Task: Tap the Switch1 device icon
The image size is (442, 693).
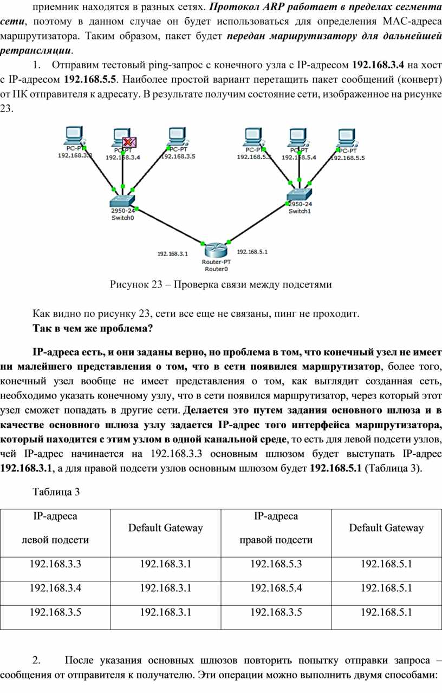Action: click(x=299, y=194)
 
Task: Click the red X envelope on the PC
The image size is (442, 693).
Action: click(x=129, y=142)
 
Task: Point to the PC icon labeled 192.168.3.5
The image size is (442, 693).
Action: click(x=177, y=136)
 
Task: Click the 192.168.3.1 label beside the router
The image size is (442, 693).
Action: click(x=172, y=254)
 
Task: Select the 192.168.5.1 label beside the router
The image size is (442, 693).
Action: click(x=252, y=252)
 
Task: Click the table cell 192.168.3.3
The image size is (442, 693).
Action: click(x=55, y=564)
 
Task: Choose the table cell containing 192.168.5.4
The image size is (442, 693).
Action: click(x=276, y=588)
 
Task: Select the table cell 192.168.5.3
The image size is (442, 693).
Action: click(x=276, y=564)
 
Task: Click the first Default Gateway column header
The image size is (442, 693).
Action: click(x=166, y=527)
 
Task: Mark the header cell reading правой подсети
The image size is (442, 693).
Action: click(x=276, y=540)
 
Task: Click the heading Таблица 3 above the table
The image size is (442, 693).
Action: click(x=56, y=492)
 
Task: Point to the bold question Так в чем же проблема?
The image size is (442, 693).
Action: click(x=93, y=328)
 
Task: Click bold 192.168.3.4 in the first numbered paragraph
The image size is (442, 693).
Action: click(x=378, y=65)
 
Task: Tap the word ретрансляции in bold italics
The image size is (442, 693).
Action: click(x=36, y=51)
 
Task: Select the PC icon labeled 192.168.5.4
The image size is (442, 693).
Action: click(x=298, y=138)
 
